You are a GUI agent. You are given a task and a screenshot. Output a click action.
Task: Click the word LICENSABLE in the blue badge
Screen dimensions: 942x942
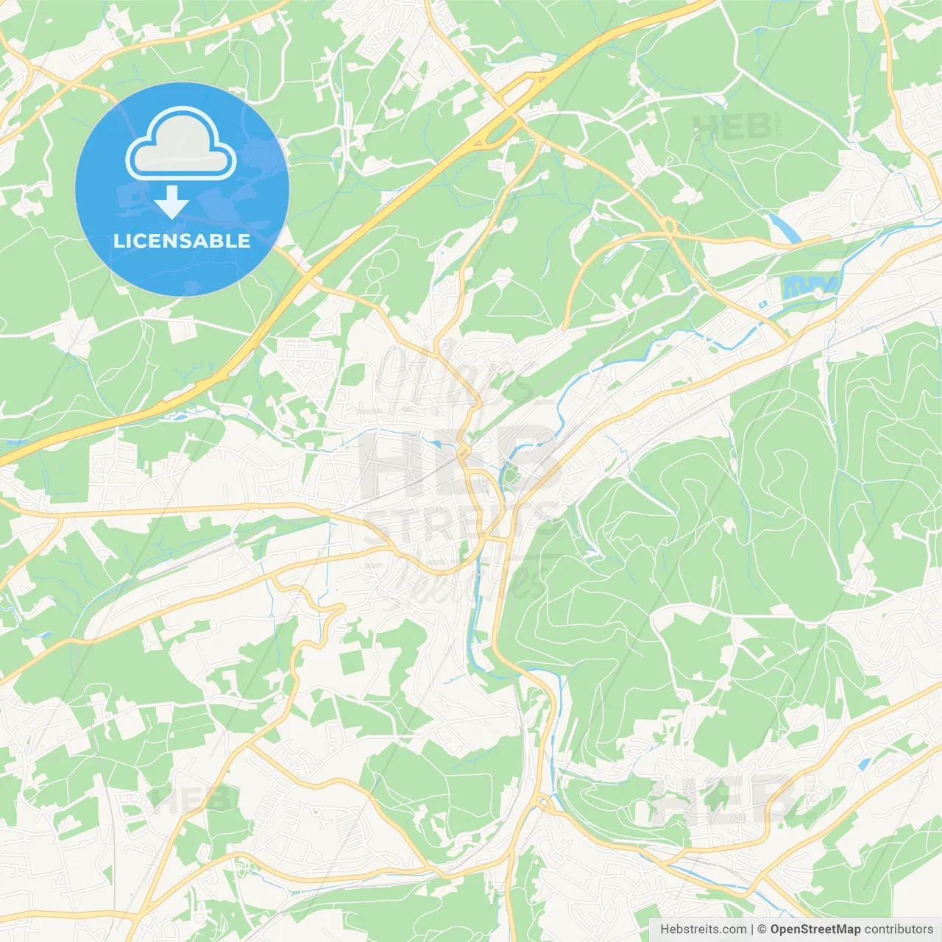(x=182, y=241)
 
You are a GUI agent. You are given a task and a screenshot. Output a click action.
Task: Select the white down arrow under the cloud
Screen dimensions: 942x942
(x=171, y=202)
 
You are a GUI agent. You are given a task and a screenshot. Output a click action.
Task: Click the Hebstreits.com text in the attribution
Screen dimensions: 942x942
(x=703, y=929)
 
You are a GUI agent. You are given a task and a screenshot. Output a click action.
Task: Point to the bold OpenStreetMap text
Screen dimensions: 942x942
(x=815, y=929)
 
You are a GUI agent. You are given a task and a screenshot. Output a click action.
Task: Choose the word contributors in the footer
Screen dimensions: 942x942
(x=899, y=929)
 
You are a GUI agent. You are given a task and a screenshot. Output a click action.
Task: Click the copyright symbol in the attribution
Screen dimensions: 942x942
(x=762, y=929)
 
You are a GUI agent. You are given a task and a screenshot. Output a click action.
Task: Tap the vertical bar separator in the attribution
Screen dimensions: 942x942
(x=752, y=929)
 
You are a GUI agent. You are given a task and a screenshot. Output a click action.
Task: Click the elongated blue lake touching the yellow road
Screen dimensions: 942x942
(x=785, y=227)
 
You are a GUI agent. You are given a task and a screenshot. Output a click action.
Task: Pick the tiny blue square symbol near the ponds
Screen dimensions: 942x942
(x=763, y=303)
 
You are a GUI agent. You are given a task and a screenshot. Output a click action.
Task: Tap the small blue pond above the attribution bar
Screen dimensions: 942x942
(x=863, y=765)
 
